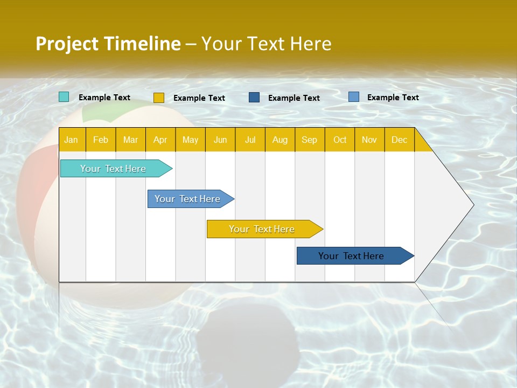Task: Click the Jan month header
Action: coord(72,140)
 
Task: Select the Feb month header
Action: coord(101,140)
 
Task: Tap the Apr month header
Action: coord(160,140)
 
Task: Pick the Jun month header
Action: coord(220,140)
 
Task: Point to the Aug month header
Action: coord(280,140)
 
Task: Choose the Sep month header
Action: coord(310,140)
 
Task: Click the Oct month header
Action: coord(340,140)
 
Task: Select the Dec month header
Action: coord(400,140)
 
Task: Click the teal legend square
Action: coord(64,97)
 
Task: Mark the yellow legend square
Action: coord(159,98)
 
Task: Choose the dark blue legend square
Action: coord(254,98)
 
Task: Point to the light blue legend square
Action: coord(354,97)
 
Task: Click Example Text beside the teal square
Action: coord(104,98)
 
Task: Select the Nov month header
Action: coord(369,140)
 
